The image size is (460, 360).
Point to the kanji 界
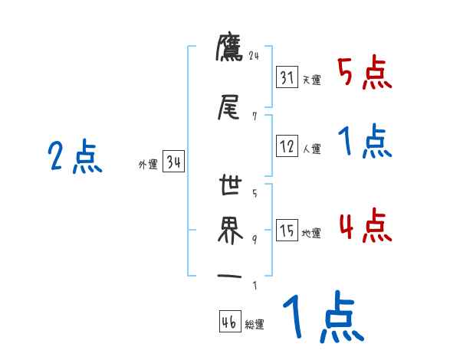(229, 229)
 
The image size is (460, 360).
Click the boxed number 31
(287, 78)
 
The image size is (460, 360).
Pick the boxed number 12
(287, 147)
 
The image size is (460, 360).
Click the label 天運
(311, 80)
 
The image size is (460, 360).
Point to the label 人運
(311, 149)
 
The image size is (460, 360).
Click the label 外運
(147, 163)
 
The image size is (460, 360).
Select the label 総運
(255, 324)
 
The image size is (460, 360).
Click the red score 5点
(364, 73)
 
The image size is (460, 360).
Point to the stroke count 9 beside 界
(255, 240)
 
